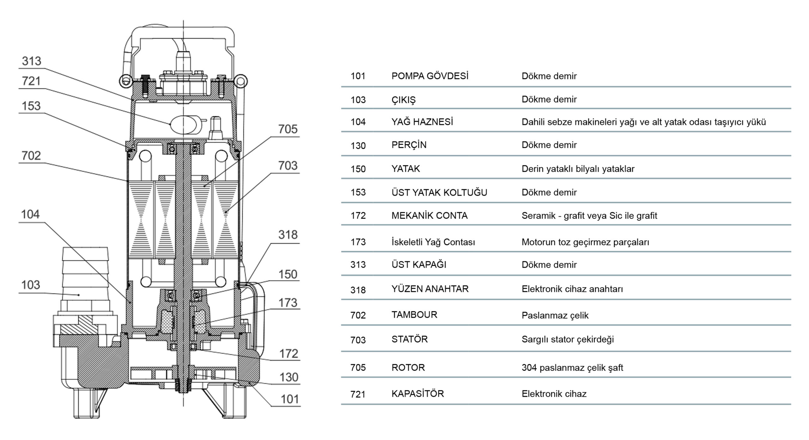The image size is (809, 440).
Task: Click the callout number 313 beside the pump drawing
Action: tap(31, 61)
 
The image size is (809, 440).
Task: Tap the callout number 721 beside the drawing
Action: tap(31, 81)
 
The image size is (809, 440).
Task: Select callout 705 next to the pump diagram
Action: tap(288, 129)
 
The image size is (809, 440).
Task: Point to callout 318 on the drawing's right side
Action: tap(288, 235)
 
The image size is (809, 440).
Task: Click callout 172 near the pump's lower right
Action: tap(289, 354)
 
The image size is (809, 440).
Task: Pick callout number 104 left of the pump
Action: tap(30, 215)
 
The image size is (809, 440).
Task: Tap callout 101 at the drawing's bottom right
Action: tap(289, 399)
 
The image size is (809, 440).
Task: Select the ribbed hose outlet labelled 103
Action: tap(85, 279)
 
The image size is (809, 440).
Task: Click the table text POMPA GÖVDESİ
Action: tap(430, 76)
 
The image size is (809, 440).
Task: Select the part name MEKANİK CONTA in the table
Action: tap(429, 216)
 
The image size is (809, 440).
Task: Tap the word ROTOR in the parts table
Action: tap(408, 368)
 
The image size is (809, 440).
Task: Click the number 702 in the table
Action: tap(358, 315)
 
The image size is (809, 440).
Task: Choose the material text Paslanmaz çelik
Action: tap(555, 315)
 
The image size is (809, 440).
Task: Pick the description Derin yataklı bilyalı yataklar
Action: tap(578, 169)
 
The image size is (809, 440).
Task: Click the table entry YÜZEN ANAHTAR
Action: tap(430, 289)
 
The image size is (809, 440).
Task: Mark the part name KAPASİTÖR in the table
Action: tap(417, 393)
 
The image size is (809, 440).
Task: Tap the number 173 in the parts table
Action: tap(358, 242)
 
